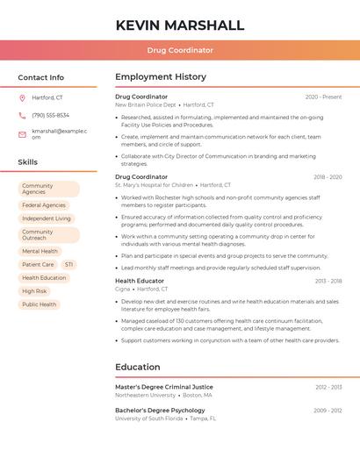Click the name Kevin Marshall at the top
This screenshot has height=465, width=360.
[180, 25]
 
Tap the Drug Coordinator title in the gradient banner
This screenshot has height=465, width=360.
[180, 50]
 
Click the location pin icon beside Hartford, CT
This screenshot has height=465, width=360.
[22, 97]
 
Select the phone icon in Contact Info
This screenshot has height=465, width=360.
[22, 115]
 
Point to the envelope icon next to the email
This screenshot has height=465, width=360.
[22, 134]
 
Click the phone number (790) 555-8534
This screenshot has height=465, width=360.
[50, 115]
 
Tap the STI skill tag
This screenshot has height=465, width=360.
[68, 264]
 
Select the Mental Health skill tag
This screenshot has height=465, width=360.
[40, 251]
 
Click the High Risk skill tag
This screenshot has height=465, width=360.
[34, 291]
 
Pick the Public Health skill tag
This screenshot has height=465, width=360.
[39, 304]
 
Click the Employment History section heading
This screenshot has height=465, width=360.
[161, 77]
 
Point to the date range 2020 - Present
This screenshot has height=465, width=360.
[323, 97]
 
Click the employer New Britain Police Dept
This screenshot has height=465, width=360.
[146, 104]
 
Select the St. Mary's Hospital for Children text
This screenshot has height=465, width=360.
[154, 185]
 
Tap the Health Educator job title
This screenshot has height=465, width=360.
[140, 281]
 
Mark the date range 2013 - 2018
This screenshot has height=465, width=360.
[328, 281]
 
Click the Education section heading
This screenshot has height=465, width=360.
[138, 367]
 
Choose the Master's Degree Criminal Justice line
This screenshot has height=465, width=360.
[164, 387]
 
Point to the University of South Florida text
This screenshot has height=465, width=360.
[149, 418]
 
